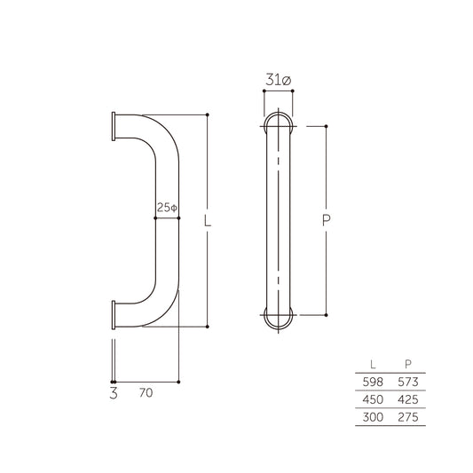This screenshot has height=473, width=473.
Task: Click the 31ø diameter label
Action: point(279,81)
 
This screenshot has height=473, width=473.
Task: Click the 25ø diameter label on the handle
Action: point(167,207)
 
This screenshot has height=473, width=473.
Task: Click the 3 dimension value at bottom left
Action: point(114,390)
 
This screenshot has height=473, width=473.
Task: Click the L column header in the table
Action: point(372,362)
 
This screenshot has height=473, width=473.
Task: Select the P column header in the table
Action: point(406,362)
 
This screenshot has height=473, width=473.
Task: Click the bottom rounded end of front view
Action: point(279,317)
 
